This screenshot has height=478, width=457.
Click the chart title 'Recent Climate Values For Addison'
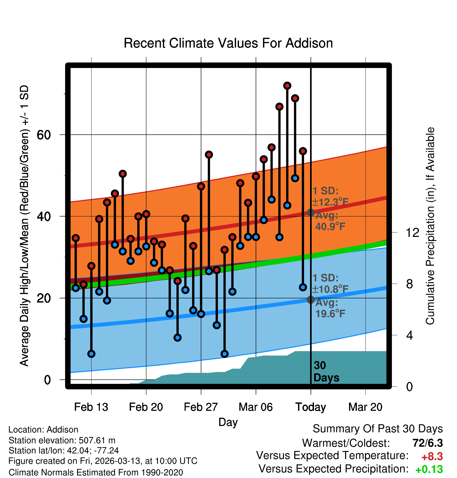[228, 43]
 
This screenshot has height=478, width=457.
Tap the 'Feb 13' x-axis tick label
[91, 407]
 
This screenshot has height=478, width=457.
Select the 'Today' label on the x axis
[311, 407]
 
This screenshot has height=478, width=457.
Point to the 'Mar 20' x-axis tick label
[365, 407]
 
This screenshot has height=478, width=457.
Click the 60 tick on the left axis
[44, 135]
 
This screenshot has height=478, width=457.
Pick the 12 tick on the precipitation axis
[412, 232]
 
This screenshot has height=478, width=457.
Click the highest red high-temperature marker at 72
[287, 86]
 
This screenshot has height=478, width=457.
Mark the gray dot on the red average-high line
[311, 213]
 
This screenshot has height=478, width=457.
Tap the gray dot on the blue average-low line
[311, 300]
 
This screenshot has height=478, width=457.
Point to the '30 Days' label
[326, 372]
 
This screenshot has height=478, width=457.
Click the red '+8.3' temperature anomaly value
[432, 457]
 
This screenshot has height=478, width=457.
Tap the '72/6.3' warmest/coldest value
[427, 443]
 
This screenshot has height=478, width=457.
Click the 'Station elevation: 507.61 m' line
[62, 440]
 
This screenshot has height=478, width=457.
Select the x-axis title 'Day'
[228, 422]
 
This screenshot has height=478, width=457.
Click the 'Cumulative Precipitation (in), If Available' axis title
[430, 226]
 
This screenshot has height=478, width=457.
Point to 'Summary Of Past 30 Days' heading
[378, 429]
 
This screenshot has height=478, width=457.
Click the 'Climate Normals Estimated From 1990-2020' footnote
[96, 473]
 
